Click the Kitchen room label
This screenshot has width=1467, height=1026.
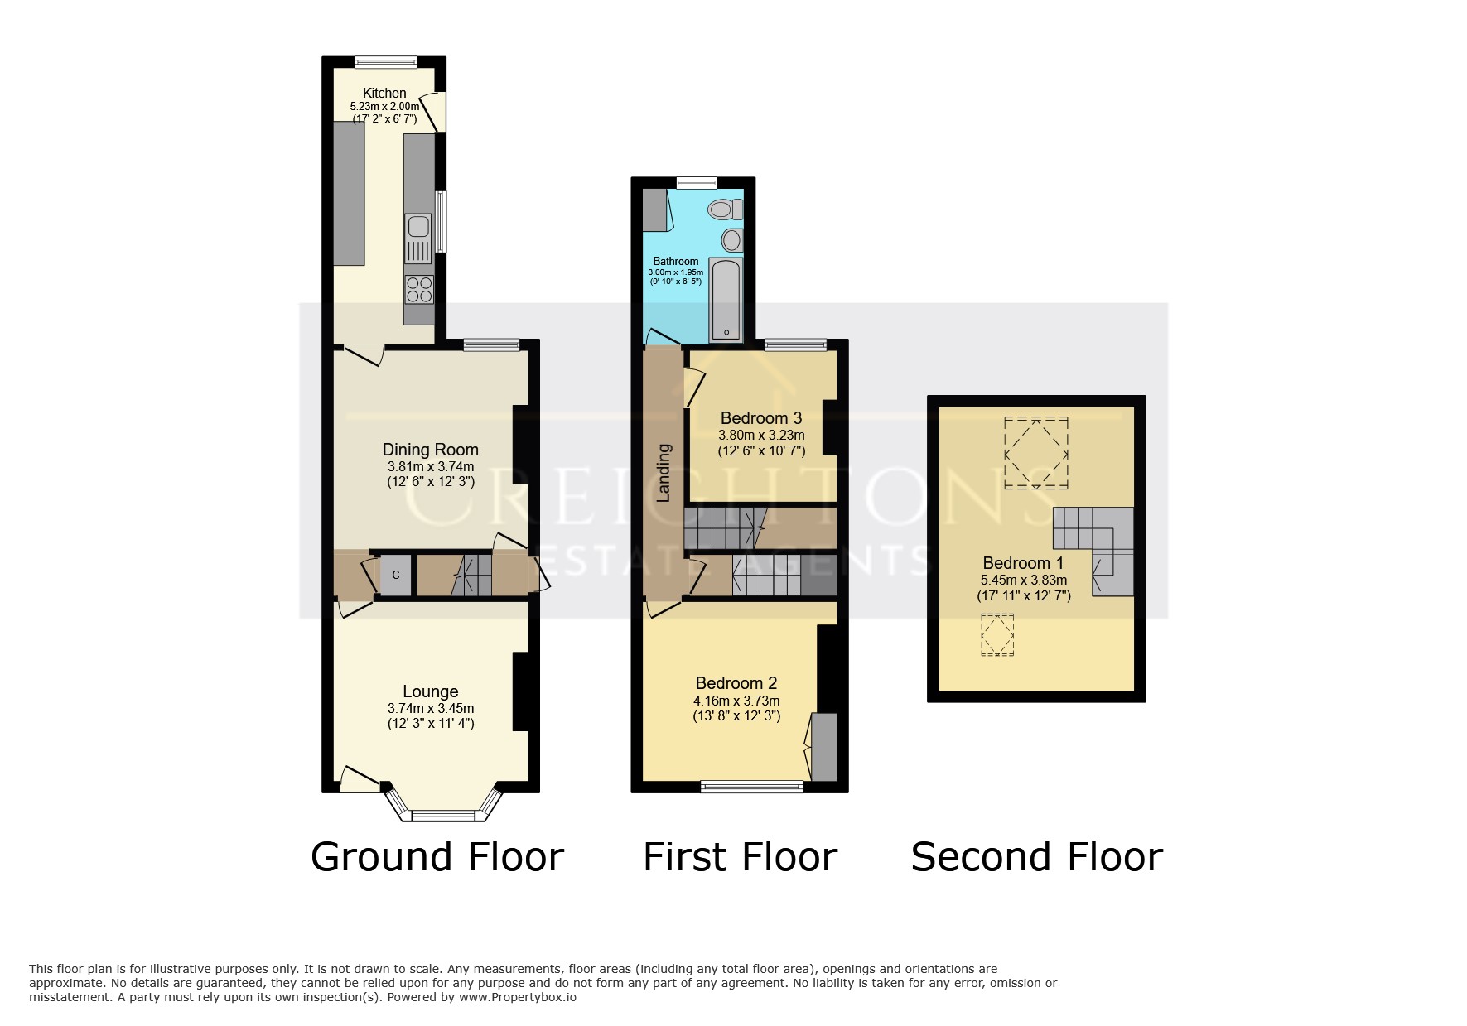[384, 94]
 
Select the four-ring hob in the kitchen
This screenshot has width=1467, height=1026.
[419, 289]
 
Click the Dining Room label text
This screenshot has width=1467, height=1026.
[430, 450]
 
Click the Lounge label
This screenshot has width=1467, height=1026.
[431, 691]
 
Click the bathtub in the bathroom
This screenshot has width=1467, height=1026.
[726, 299]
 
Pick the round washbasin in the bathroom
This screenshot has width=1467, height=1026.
[732, 240]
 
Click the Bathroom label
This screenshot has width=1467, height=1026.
[676, 262]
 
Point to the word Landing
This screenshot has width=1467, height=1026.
[664, 474]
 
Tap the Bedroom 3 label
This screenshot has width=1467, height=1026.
[761, 418]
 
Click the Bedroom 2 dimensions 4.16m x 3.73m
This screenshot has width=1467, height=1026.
[736, 701]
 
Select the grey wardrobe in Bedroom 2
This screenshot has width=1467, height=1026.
[823, 747]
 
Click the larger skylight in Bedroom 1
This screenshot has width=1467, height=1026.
[1035, 452]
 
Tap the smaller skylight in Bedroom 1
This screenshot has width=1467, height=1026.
[997, 635]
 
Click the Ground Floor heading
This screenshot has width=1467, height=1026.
[437, 857]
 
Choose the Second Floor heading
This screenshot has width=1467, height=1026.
[1037, 857]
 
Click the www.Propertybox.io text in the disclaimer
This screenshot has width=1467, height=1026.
[517, 998]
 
